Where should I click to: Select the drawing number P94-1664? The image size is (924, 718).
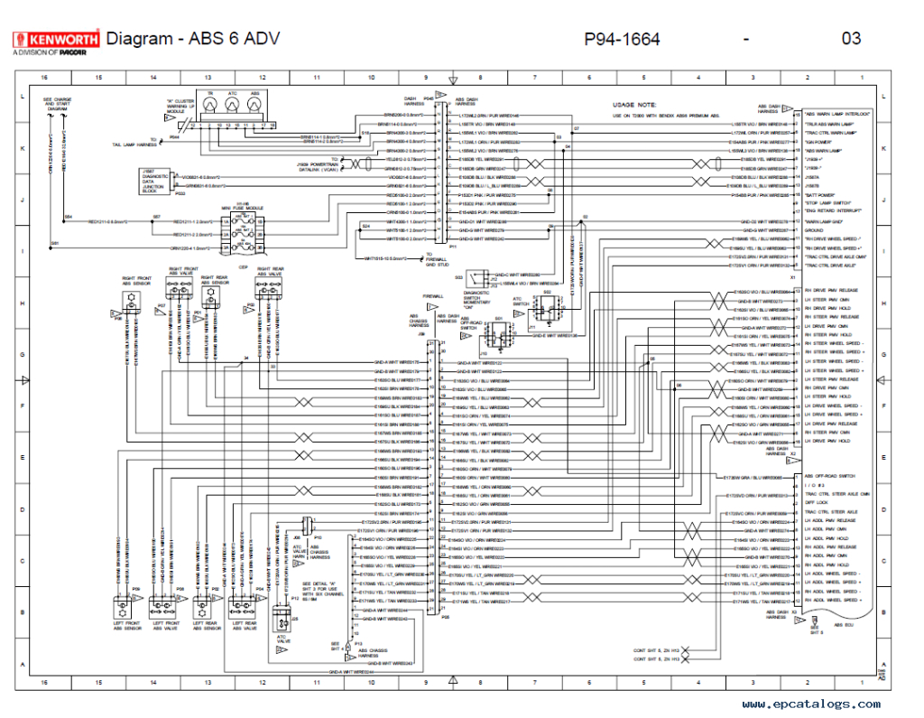click(x=622, y=39)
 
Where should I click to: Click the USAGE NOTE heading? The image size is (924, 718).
click(x=635, y=105)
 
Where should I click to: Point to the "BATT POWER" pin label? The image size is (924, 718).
click(x=821, y=195)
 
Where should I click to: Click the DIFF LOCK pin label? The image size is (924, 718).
click(x=816, y=503)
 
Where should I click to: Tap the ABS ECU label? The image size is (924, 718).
click(x=845, y=625)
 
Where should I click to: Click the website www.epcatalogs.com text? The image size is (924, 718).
click(x=811, y=704)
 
